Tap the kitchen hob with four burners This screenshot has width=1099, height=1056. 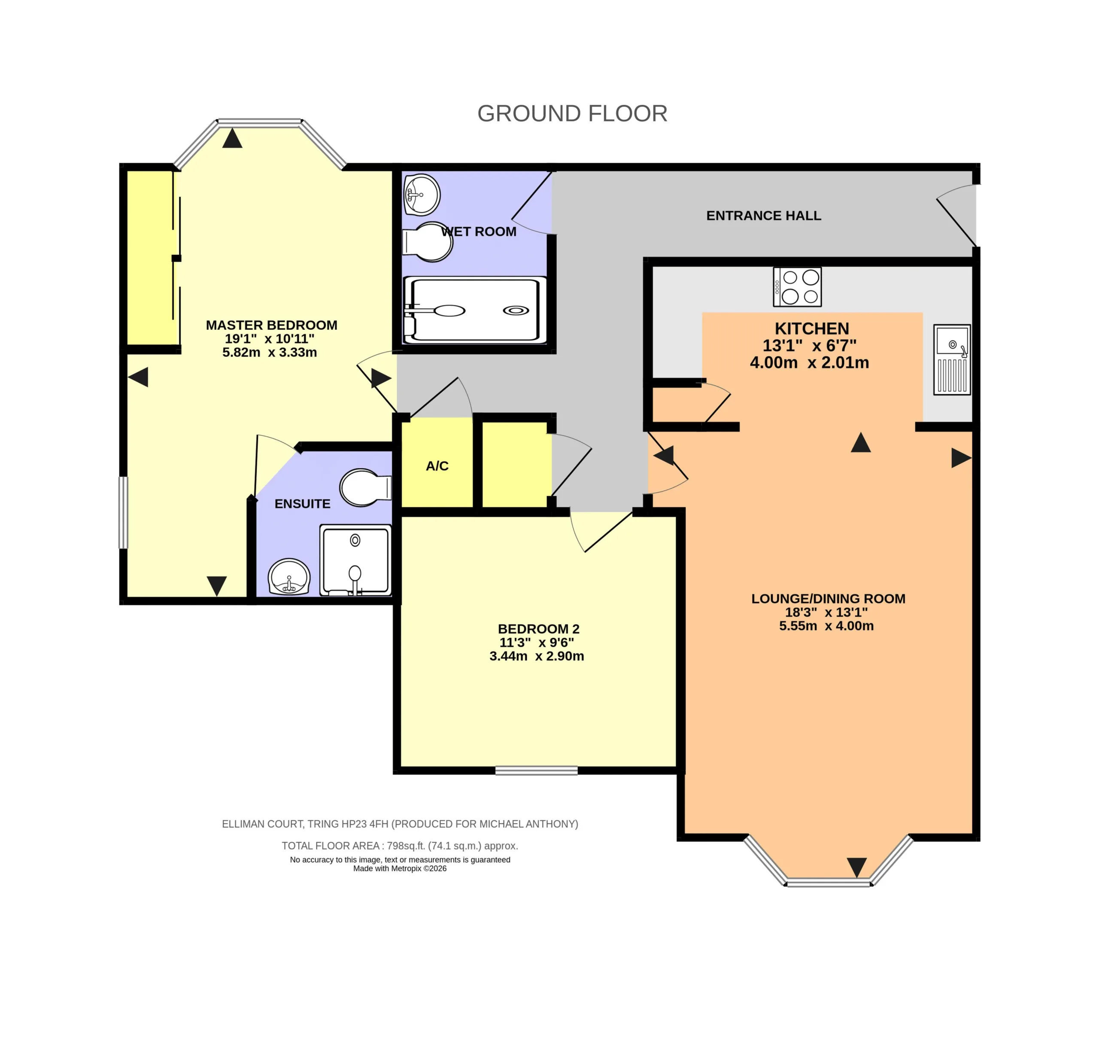pyautogui.click(x=797, y=286)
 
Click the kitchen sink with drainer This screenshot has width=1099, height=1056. pyautogui.click(x=952, y=359)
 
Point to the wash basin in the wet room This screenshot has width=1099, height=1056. pyautogui.click(x=421, y=195)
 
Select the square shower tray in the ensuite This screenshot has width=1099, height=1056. pyautogui.click(x=355, y=560)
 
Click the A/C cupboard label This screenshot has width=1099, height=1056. pyautogui.click(x=437, y=466)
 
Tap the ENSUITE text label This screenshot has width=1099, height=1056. pyautogui.click(x=302, y=504)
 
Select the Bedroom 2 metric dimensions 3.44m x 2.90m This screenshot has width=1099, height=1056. pyautogui.click(x=537, y=656)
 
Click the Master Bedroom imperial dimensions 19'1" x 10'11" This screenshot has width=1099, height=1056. pyautogui.click(x=270, y=339)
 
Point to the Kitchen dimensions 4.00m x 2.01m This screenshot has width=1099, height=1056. pyautogui.click(x=810, y=362)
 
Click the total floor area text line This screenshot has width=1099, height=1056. pyautogui.click(x=400, y=846)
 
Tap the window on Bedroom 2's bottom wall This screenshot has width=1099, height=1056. pyautogui.click(x=537, y=770)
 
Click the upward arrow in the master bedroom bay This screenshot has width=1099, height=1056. pyautogui.click(x=232, y=138)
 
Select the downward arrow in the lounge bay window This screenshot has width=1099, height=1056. pyautogui.click(x=857, y=867)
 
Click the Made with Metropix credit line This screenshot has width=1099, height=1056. pyautogui.click(x=400, y=869)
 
